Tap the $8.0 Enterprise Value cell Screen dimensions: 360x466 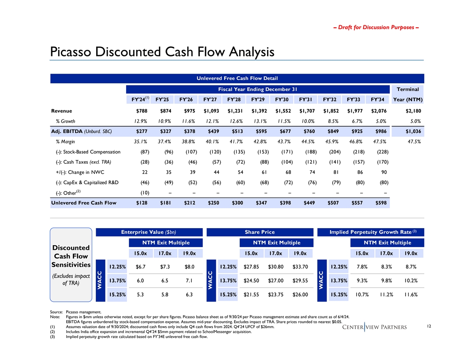pos(189,266)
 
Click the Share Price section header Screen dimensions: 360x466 pos(259,232)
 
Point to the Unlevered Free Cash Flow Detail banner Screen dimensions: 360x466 pos(237,79)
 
